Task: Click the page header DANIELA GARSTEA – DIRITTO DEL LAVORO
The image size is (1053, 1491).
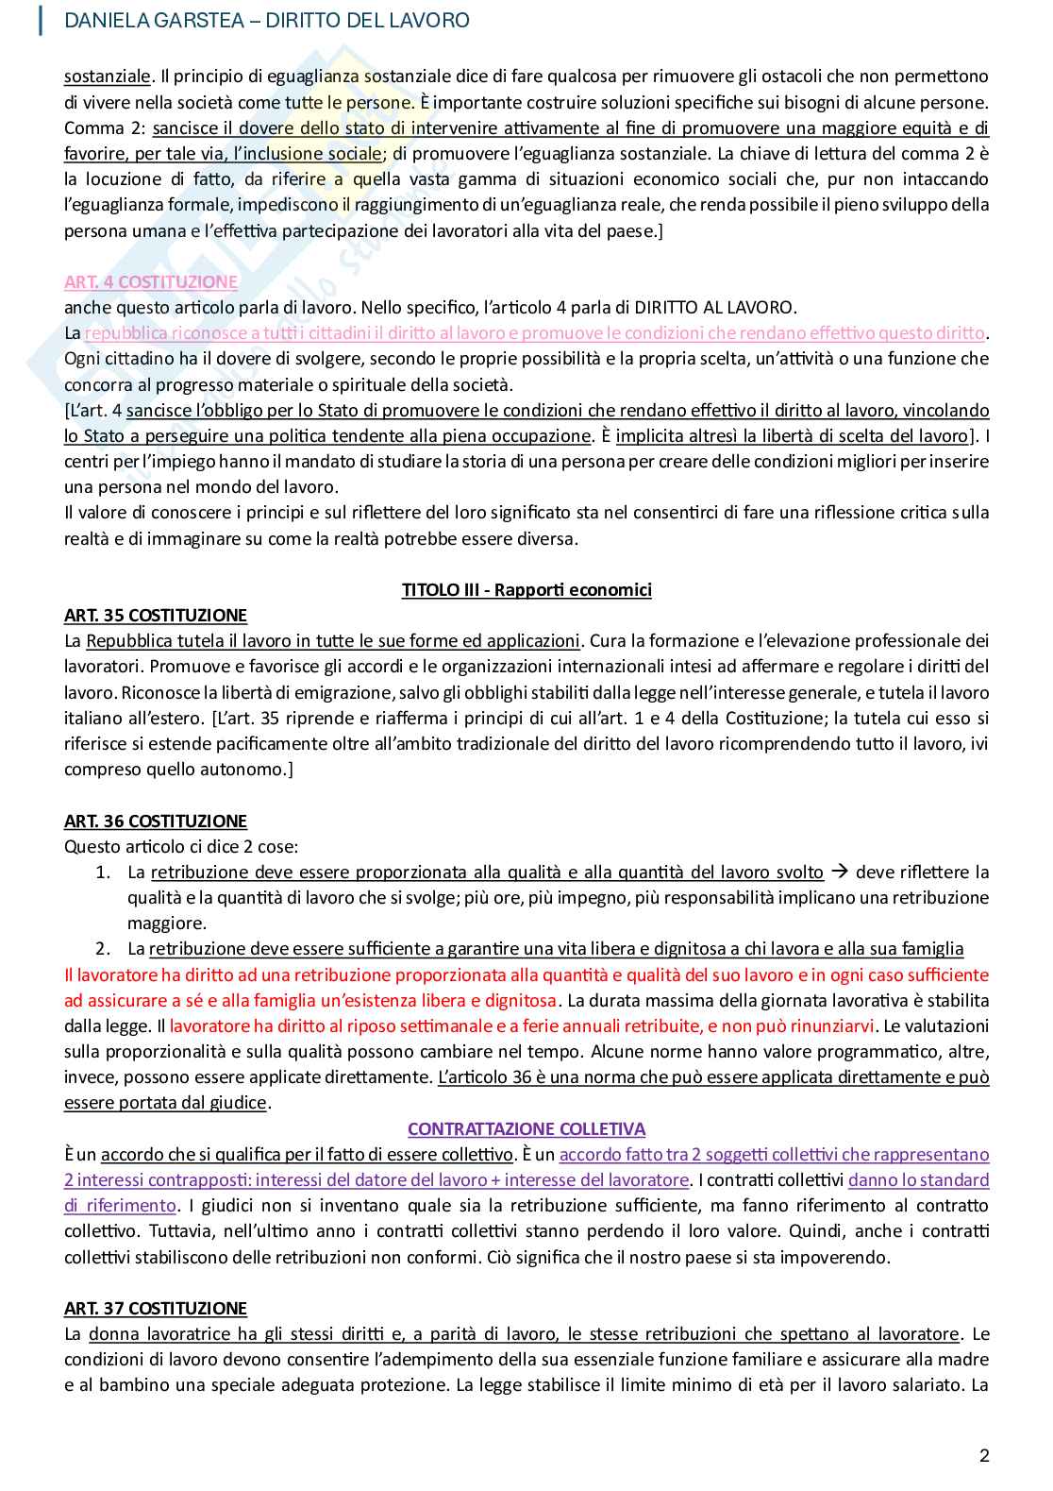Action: (x=266, y=20)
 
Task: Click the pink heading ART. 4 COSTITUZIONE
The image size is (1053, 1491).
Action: (x=150, y=281)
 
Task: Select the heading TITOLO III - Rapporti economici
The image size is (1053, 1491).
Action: (x=526, y=589)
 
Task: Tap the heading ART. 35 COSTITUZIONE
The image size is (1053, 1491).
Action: (x=155, y=615)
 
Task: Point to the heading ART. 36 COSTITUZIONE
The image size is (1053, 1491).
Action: (x=155, y=821)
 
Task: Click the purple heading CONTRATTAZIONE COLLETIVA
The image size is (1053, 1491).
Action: (x=526, y=1128)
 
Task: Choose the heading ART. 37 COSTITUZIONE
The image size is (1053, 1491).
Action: (x=155, y=1308)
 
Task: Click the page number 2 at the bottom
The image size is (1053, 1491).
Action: (x=984, y=1455)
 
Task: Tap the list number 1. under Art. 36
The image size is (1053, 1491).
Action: (x=103, y=872)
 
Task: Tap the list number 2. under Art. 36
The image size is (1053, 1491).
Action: (x=103, y=948)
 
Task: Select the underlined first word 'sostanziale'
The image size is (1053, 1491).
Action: (x=107, y=76)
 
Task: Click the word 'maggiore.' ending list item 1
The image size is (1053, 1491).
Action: (x=166, y=923)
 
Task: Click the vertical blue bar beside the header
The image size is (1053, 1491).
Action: (x=41, y=20)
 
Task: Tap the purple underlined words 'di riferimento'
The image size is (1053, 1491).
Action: (x=120, y=1205)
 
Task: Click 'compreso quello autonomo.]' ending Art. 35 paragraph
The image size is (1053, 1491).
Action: (x=178, y=769)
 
